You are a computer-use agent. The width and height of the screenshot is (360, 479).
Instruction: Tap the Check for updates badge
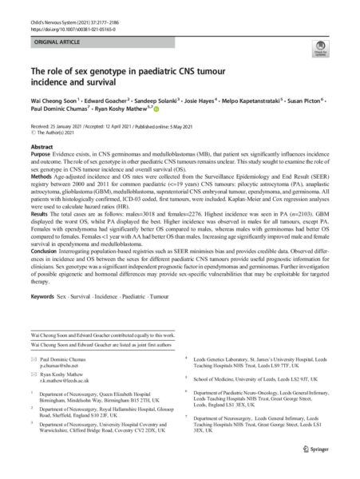tap(324, 66)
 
